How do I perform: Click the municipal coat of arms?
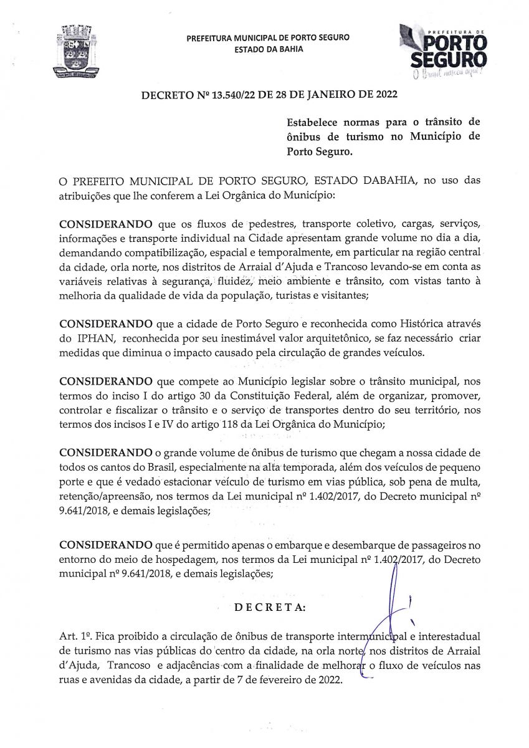click(77, 52)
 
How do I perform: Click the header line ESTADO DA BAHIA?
click(269, 49)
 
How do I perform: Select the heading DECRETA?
click(269, 608)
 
